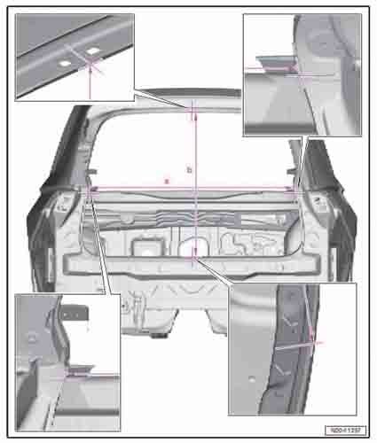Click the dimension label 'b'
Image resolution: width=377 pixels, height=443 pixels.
click(188, 167)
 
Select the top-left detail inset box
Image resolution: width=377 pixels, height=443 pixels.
click(75, 58)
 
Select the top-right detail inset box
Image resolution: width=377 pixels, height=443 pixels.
click(301, 75)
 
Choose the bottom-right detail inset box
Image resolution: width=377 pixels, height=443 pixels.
click(292, 348)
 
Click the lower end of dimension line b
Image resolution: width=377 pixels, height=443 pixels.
click(193, 257)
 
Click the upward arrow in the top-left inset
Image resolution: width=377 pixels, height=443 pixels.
click(90, 80)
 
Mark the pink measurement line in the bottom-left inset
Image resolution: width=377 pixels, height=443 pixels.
click(93, 375)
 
